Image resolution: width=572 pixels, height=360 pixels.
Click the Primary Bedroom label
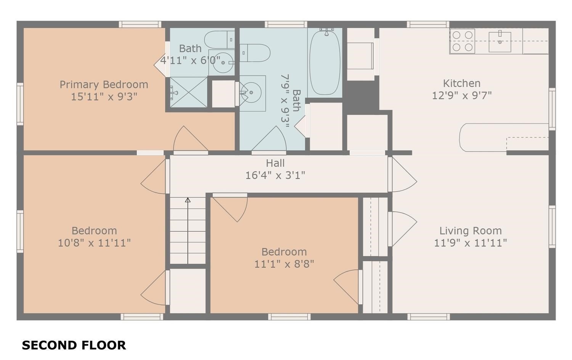point(104,84)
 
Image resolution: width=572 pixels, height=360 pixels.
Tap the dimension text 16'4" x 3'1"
point(275,175)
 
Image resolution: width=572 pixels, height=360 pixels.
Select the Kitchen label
point(461,83)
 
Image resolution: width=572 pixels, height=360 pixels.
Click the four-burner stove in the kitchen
point(462,41)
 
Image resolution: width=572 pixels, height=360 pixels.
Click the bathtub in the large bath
point(325,63)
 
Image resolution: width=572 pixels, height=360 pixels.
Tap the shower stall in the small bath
point(188,92)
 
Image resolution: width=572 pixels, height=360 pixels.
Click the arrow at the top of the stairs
point(188,200)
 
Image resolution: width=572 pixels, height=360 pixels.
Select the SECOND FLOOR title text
point(74,345)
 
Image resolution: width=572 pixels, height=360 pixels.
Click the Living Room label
point(470,231)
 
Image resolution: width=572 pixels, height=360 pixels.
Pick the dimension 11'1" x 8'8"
point(284,264)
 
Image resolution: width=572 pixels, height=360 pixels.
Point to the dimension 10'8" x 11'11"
point(94,243)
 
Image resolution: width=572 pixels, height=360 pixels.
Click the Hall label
point(275,163)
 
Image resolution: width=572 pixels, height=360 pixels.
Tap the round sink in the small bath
point(223,63)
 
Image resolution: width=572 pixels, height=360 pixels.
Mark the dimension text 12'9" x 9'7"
point(461,95)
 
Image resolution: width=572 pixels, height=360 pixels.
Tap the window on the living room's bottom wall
point(429,317)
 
